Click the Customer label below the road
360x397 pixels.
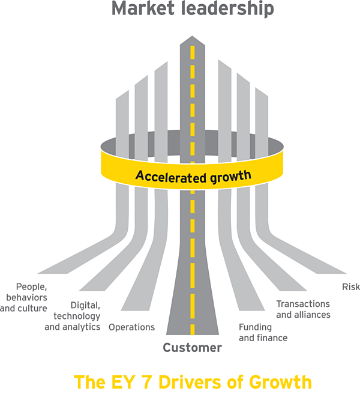point(192,348)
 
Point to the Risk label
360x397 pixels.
point(350,287)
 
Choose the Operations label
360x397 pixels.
point(131,327)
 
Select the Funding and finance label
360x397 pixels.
point(263,332)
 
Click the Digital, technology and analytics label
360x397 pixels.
point(73,316)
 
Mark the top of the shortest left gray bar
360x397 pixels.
point(122,94)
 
